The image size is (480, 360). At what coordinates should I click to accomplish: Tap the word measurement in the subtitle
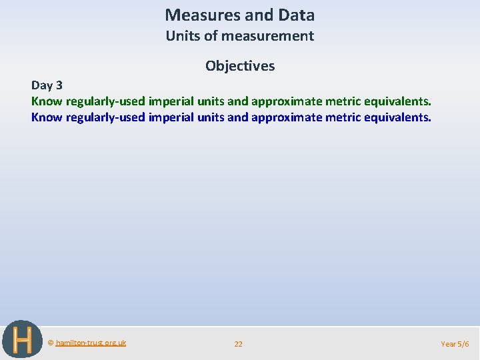click(x=266, y=36)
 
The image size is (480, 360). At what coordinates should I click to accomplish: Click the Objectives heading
click(x=240, y=66)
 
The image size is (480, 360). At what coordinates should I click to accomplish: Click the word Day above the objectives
click(x=42, y=85)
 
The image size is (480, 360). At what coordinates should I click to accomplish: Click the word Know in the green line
click(x=47, y=101)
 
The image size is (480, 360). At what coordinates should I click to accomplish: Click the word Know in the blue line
click(x=47, y=117)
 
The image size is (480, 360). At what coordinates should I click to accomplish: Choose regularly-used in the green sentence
click(x=105, y=101)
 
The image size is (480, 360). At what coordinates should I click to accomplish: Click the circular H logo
click(x=22, y=340)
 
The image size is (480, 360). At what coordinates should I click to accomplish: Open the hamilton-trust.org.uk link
click(x=91, y=343)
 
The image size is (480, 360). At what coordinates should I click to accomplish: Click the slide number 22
click(x=238, y=344)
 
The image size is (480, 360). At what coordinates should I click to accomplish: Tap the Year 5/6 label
click(x=455, y=344)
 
